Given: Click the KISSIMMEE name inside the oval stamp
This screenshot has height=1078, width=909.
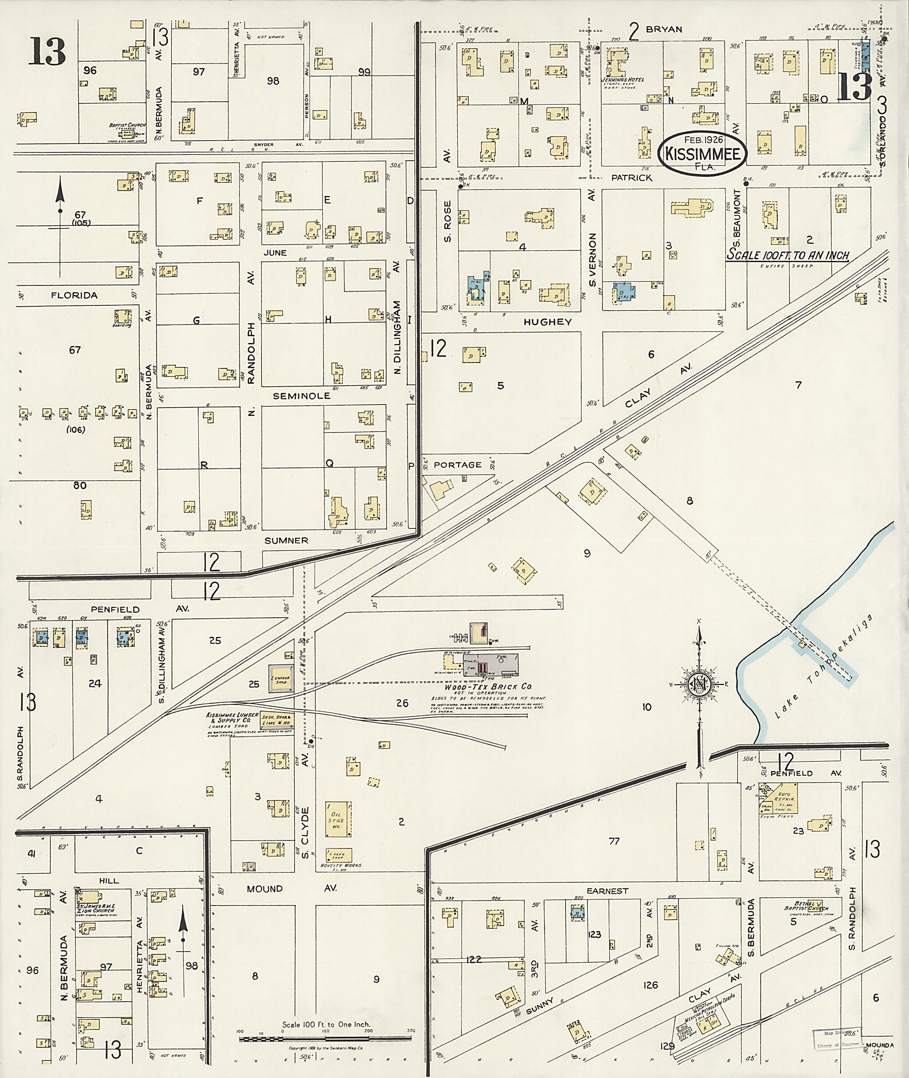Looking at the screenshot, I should tap(702, 154).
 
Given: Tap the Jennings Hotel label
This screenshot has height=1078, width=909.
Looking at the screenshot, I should tap(622, 80).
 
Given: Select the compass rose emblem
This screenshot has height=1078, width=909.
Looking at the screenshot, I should tap(699, 684).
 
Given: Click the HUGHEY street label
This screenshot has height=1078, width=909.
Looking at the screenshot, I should tap(547, 322).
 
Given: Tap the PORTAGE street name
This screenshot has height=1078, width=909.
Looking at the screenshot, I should tap(457, 465).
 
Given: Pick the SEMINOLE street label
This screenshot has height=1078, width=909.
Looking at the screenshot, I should tap(301, 396).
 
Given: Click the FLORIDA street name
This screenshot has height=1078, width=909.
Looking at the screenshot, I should tap(74, 295).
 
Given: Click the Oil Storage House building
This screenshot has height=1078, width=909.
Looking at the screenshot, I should tap(338, 819).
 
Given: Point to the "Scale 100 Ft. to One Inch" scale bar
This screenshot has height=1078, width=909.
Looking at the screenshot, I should tap(326, 1039).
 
